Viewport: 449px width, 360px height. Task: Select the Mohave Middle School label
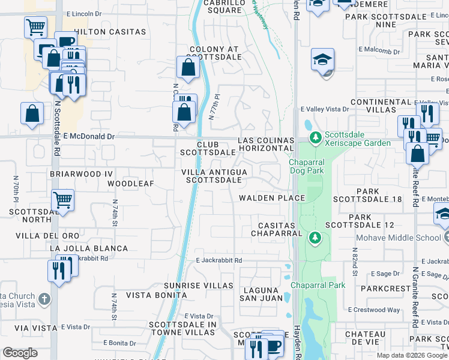pos(399,238)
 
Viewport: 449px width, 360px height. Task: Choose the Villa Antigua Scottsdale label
pos(214,176)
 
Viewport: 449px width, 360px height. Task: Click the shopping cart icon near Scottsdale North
pos(62,200)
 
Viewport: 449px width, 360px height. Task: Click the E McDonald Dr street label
pos(88,137)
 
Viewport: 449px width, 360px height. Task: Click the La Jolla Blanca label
pos(89,248)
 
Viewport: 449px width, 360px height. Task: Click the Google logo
pos(20,353)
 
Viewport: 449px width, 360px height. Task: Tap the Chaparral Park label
pos(318,285)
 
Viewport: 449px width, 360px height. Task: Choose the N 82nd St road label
pos(355,264)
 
